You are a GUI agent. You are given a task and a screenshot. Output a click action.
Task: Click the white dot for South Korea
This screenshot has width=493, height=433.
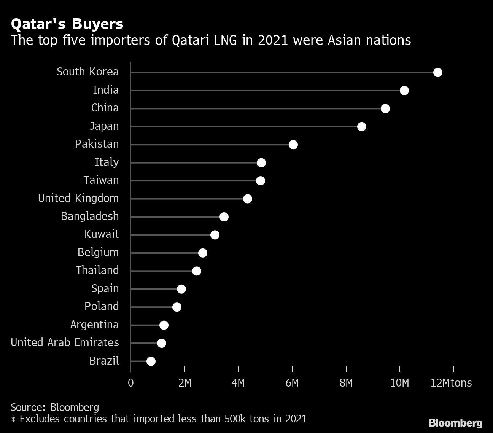[x=437, y=72]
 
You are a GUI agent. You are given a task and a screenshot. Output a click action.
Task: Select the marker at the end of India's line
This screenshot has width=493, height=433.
[x=404, y=91]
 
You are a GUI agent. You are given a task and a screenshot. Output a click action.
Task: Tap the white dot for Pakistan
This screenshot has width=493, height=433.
[x=293, y=145]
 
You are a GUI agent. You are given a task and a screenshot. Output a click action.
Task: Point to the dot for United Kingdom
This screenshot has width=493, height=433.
[x=247, y=199]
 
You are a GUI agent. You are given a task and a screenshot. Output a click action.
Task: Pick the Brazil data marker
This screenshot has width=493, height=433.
[x=151, y=361]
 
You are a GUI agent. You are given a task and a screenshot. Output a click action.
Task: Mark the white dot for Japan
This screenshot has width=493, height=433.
[x=361, y=127]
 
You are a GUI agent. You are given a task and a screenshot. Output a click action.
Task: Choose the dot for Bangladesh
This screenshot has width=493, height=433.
[x=224, y=217]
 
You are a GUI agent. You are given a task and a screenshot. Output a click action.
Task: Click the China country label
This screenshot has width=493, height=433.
[x=105, y=108]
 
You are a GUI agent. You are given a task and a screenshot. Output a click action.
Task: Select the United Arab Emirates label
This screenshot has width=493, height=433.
[x=65, y=342]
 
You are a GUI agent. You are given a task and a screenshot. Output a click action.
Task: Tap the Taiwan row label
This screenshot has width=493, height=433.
[x=101, y=180]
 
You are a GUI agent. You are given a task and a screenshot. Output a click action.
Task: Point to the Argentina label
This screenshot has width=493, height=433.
[x=94, y=325]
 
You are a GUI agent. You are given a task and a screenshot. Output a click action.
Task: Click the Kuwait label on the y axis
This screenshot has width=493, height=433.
[x=102, y=234]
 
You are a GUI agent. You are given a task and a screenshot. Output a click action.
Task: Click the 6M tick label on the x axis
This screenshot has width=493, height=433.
[x=292, y=382]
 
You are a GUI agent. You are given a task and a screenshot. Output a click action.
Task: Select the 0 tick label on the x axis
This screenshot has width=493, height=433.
[x=131, y=382]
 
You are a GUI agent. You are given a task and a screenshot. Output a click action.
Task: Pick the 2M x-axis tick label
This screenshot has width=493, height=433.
[x=184, y=382]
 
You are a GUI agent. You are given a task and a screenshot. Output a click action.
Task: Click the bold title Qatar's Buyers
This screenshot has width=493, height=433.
[x=67, y=24]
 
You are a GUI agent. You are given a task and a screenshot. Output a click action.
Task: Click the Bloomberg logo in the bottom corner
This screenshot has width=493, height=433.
[x=455, y=423]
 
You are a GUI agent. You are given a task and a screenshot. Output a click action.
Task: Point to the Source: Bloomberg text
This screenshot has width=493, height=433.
[x=55, y=407]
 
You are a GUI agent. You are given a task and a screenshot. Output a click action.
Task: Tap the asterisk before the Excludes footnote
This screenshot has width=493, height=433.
[x=13, y=419]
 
